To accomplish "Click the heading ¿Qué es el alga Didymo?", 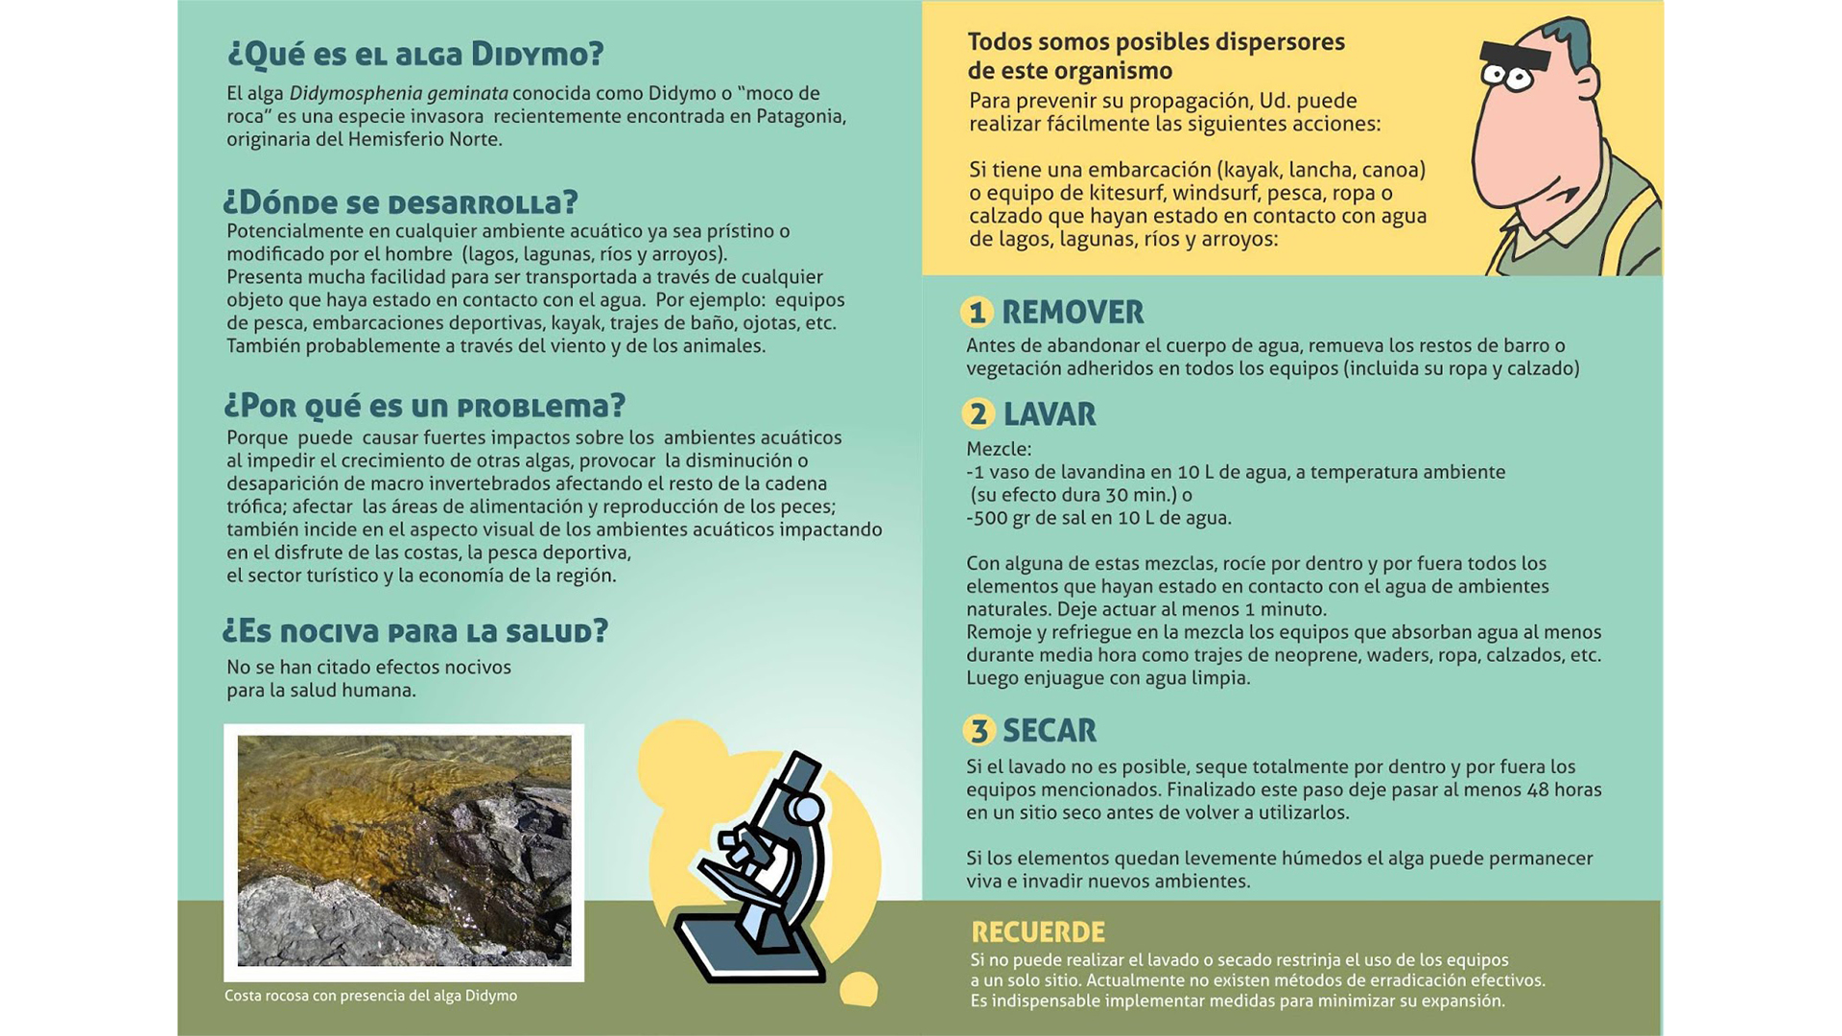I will click(414, 55).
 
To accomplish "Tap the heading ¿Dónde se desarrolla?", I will click(400, 202).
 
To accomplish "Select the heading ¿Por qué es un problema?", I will click(424, 406).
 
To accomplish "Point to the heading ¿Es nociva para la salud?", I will click(414, 631).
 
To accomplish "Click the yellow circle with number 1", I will click(978, 313).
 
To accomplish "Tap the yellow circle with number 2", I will click(979, 414).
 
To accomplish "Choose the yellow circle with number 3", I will click(979, 731).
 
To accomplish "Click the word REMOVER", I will click(1073, 313).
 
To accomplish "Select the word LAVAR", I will click(1050, 414).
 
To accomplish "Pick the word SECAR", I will click(1050, 731).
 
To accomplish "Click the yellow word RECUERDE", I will click(1038, 932).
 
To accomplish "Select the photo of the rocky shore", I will click(404, 851).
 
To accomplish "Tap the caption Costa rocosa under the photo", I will click(370, 996).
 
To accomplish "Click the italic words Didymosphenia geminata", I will click(398, 94).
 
